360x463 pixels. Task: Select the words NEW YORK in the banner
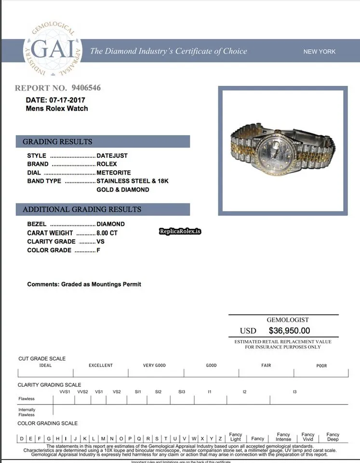320,52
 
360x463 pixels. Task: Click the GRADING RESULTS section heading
57,142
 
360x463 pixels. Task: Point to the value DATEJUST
112,156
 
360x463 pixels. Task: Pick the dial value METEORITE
114,173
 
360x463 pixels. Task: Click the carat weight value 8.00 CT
107,232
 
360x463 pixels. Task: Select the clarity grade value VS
101,241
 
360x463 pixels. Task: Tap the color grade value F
98,250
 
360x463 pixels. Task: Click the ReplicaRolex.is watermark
180,231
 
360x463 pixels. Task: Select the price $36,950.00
289,331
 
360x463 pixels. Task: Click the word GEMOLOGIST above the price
288,320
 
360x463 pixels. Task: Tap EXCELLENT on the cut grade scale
101,366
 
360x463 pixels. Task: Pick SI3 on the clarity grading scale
182,392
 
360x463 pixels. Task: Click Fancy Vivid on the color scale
308,437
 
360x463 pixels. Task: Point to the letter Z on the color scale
220,438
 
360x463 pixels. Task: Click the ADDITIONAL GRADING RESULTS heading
82,210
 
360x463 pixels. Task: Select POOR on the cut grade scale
321,366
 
